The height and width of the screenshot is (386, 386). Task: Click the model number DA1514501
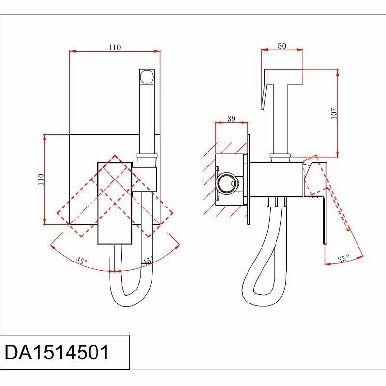57,352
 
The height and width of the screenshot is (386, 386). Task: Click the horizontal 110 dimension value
114,47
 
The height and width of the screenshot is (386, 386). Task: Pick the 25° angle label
343,259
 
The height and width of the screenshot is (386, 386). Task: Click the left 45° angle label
82,261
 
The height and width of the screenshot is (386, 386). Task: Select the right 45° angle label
148,261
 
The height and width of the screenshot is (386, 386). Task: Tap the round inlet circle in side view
227,184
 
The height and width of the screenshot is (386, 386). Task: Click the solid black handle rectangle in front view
115,203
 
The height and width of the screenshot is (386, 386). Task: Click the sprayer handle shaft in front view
147,118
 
